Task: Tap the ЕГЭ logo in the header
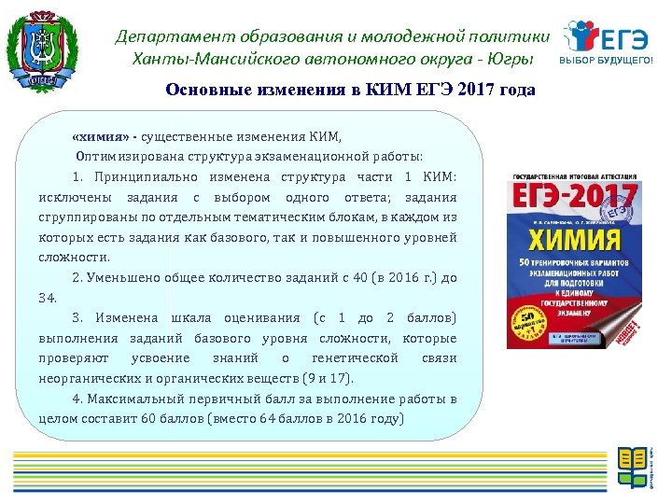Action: click(x=607, y=38)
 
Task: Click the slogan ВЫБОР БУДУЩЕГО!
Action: click(x=607, y=60)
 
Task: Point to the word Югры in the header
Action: click(x=516, y=59)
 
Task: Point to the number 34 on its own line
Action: click(x=48, y=298)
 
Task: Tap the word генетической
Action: click(x=355, y=358)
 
